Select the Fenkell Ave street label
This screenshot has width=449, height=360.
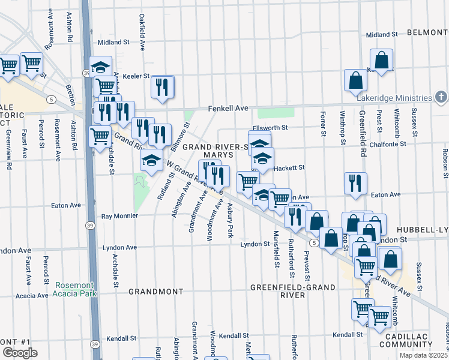[228, 109]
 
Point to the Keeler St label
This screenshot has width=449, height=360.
[136, 76]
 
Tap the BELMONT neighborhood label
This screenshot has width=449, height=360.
[427, 32]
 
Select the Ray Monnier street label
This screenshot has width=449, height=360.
[116, 215]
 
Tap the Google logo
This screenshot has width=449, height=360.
[20, 353]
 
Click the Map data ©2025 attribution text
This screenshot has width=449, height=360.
[424, 355]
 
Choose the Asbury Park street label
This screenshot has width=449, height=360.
[230, 220]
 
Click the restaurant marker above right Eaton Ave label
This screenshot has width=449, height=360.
[356, 184]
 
